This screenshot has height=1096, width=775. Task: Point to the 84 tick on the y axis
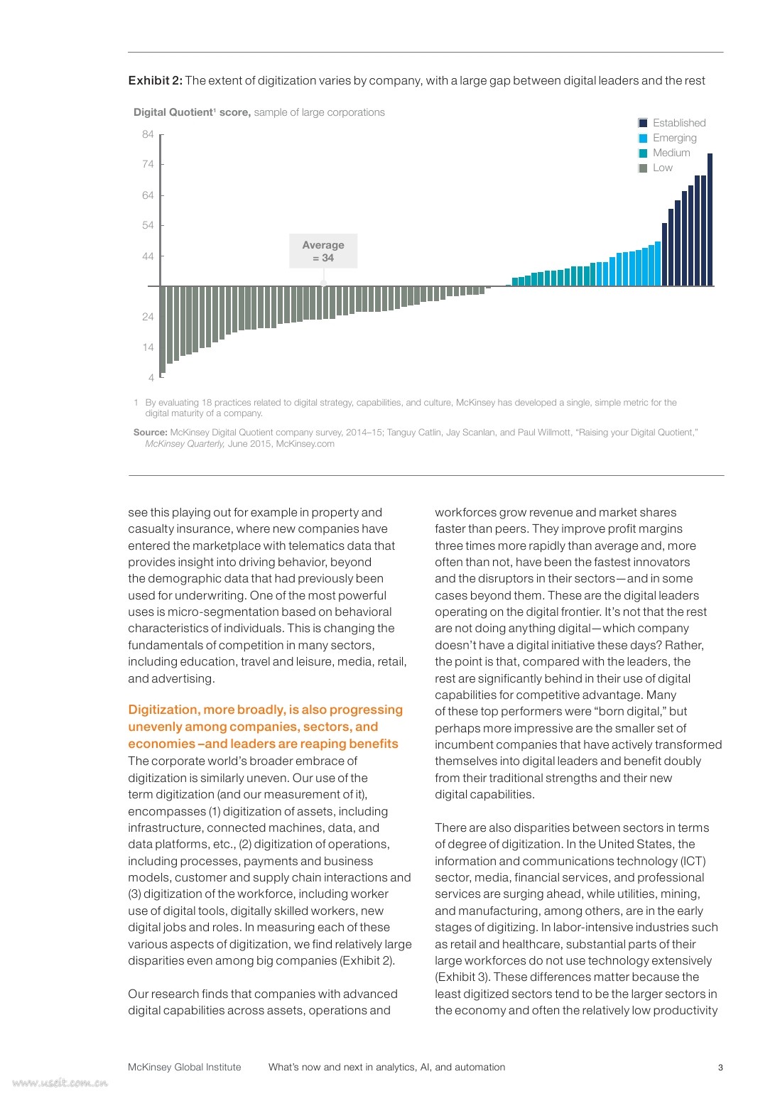pyautogui.click(x=148, y=134)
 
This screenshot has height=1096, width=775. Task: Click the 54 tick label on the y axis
pyautogui.click(x=148, y=225)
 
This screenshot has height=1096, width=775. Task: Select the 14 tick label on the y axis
pyautogui.click(x=148, y=347)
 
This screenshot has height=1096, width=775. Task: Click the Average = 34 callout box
pyautogui.click(x=323, y=251)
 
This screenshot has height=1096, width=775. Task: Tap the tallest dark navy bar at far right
pyautogui.click(x=710, y=219)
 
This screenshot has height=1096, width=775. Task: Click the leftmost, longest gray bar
pyautogui.click(x=163, y=329)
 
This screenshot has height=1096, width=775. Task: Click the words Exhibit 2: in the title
pyautogui.click(x=155, y=80)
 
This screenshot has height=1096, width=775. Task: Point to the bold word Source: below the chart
pyautogui.click(x=150, y=432)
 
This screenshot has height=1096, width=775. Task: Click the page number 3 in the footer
pyautogui.click(x=720, y=1067)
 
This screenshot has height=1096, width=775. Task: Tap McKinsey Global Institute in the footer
pyautogui.click(x=184, y=1067)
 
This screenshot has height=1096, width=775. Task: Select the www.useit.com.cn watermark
pyautogui.click(x=60, y=1083)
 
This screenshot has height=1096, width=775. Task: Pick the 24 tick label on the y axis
pyautogui.click(x=148, y=317)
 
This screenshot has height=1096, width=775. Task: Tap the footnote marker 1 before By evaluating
pyautogui.click(x=136, y=403)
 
